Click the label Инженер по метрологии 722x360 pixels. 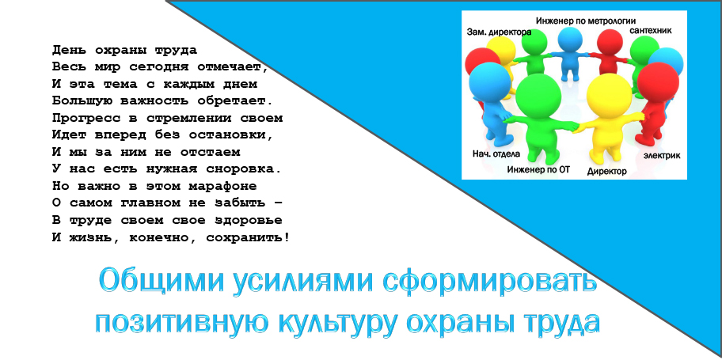click(x=586, y=21)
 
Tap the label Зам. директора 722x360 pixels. click(x=499, y=32)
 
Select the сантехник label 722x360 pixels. click(x=651, y=30)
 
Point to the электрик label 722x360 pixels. click(x=662, y=156)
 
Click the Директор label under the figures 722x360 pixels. click(x=607, y=172)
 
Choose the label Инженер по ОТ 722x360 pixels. click(x=539, y=169)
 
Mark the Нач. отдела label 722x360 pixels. click(x=496, y=153)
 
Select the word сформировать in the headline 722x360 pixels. click(x=490, y=280)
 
